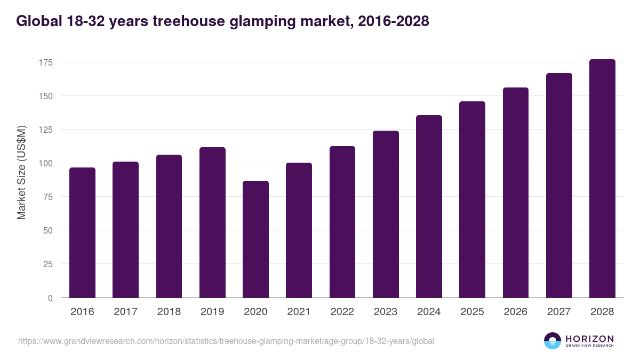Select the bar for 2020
tap(255, 239)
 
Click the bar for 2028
tap(602, 179)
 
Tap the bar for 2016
tap(82, 233)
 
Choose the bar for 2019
tap(212, 222)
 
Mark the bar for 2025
tap(472, 199)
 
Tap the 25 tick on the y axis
tap(48, 264)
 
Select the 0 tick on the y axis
tap(50, 298)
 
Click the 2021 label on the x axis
tap(299, 312)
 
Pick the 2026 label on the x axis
tap(515, 312)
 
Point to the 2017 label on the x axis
tap(125, 312)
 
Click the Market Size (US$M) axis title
tap(21, 172)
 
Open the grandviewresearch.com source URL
tap(226, 341)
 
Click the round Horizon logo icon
tap(553, 341)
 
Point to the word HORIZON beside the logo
tap(589, 339)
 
